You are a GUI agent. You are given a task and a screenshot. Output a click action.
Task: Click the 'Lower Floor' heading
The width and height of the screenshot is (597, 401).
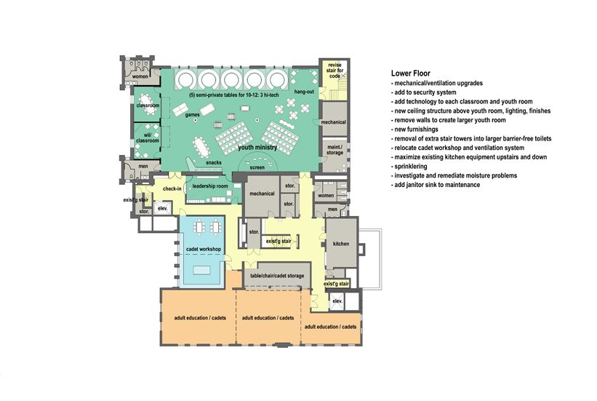coord(410,74)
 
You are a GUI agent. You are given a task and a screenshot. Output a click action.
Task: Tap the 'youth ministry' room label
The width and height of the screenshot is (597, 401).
coord(257,148)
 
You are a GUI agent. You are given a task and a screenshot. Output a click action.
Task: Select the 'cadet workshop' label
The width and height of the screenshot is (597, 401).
coord(204,250)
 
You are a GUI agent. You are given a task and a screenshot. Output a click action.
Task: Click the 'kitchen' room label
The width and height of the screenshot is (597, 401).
coord(341,244)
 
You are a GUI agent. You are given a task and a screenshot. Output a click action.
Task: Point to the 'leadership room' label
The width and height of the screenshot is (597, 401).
coord(210,186)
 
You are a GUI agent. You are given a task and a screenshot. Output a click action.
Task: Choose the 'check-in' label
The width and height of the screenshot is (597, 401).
coord(172,188)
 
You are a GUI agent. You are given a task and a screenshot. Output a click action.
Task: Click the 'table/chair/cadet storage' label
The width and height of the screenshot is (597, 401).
coord(277,276)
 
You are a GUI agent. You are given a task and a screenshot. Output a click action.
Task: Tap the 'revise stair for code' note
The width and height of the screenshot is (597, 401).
coord(334,71)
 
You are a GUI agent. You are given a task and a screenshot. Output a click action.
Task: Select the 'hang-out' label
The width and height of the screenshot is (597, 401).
coord(304,92)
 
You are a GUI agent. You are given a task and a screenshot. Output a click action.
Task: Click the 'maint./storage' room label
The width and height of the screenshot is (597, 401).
coord(334,150)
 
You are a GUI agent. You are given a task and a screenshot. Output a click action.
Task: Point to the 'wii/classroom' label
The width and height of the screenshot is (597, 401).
coord(148,138)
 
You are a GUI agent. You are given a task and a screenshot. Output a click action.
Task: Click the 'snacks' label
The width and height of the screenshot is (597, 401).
coord(214,163)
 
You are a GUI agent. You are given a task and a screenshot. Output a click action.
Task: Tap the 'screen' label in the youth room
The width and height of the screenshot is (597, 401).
coord(257,167)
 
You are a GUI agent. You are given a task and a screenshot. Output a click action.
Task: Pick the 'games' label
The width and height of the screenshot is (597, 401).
coord(192,115)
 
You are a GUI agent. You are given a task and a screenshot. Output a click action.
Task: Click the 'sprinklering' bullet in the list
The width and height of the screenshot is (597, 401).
coord(409,167)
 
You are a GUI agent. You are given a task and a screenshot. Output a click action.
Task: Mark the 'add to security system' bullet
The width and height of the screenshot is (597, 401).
coord(423,92)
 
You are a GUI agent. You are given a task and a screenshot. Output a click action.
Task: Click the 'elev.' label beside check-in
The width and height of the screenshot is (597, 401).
coord(163,208)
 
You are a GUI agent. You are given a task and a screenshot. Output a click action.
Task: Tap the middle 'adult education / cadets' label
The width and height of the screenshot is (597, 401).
coord(268,318)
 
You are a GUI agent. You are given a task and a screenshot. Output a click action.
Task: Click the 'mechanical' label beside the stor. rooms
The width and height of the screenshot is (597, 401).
coord(262,194)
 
